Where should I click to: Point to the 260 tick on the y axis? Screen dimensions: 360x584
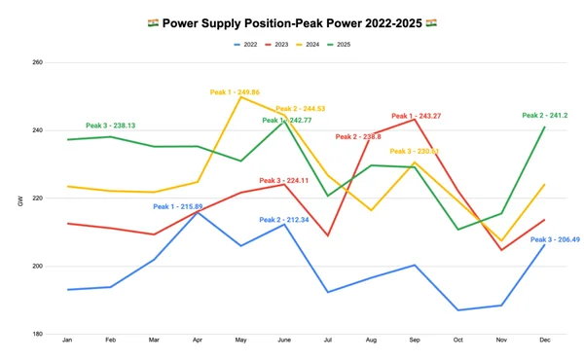tap(38, 62)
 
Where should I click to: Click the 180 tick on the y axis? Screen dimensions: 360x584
tap(38, 334)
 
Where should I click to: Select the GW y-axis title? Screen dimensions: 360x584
tap(19, 201)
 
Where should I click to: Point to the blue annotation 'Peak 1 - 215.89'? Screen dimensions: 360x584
tap(177, 206)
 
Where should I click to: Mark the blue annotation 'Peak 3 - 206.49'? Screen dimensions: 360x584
tap(556, 239)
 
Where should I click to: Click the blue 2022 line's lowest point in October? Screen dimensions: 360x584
tap(457, 310)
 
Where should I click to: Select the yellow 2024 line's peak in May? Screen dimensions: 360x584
tap(241, 97)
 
